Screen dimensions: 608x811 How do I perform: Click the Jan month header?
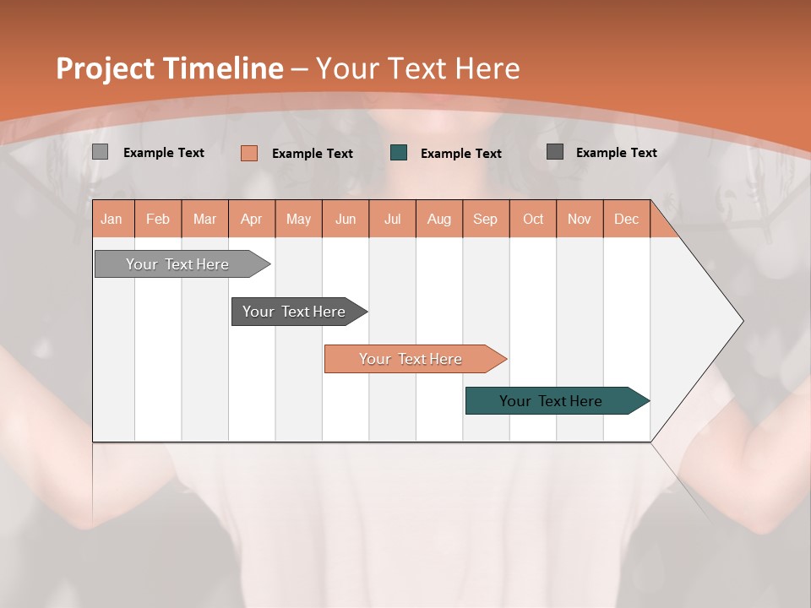tap(112, 219)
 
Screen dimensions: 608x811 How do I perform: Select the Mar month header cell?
tap(204, 219)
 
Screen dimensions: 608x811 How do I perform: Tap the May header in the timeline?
tap(298, 219)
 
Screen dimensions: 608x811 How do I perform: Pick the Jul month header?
tap(392, 219)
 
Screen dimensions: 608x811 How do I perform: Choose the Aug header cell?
tap(438, 219)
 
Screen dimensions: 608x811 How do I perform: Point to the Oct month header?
tap(532, 219)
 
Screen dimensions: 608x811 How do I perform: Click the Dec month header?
tap(626, 219)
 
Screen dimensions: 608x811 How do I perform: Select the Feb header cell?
tap(158, 219)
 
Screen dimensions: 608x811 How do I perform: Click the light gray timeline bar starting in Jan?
tap(178, 264)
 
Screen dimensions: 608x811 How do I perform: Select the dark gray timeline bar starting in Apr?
tap(295, 312)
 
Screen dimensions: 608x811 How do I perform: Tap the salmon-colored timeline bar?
tap(411, 359)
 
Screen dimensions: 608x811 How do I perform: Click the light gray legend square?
tap(100, 152)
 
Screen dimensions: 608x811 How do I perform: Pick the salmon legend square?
tap(248, 153)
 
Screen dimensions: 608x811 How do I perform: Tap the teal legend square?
tap(399, 153)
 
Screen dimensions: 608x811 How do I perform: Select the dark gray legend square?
tap(555, 152)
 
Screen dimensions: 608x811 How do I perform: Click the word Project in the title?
tap(106, 68)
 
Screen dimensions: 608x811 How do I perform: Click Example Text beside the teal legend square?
tap(460, 154)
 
